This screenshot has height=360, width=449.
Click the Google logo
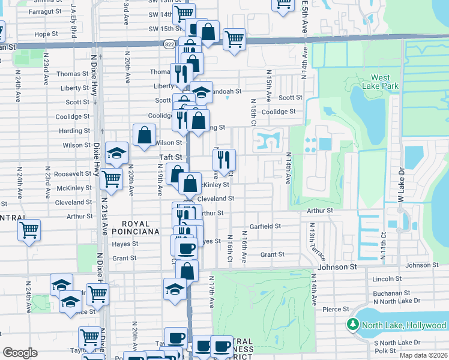[x=20, y=352]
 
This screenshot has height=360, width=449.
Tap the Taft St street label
[x=170, y=157]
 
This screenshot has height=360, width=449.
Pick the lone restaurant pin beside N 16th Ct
[x=224, y=159]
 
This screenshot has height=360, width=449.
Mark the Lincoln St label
[x=387, y=278]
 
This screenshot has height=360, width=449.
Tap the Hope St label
[x=46, y=34]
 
